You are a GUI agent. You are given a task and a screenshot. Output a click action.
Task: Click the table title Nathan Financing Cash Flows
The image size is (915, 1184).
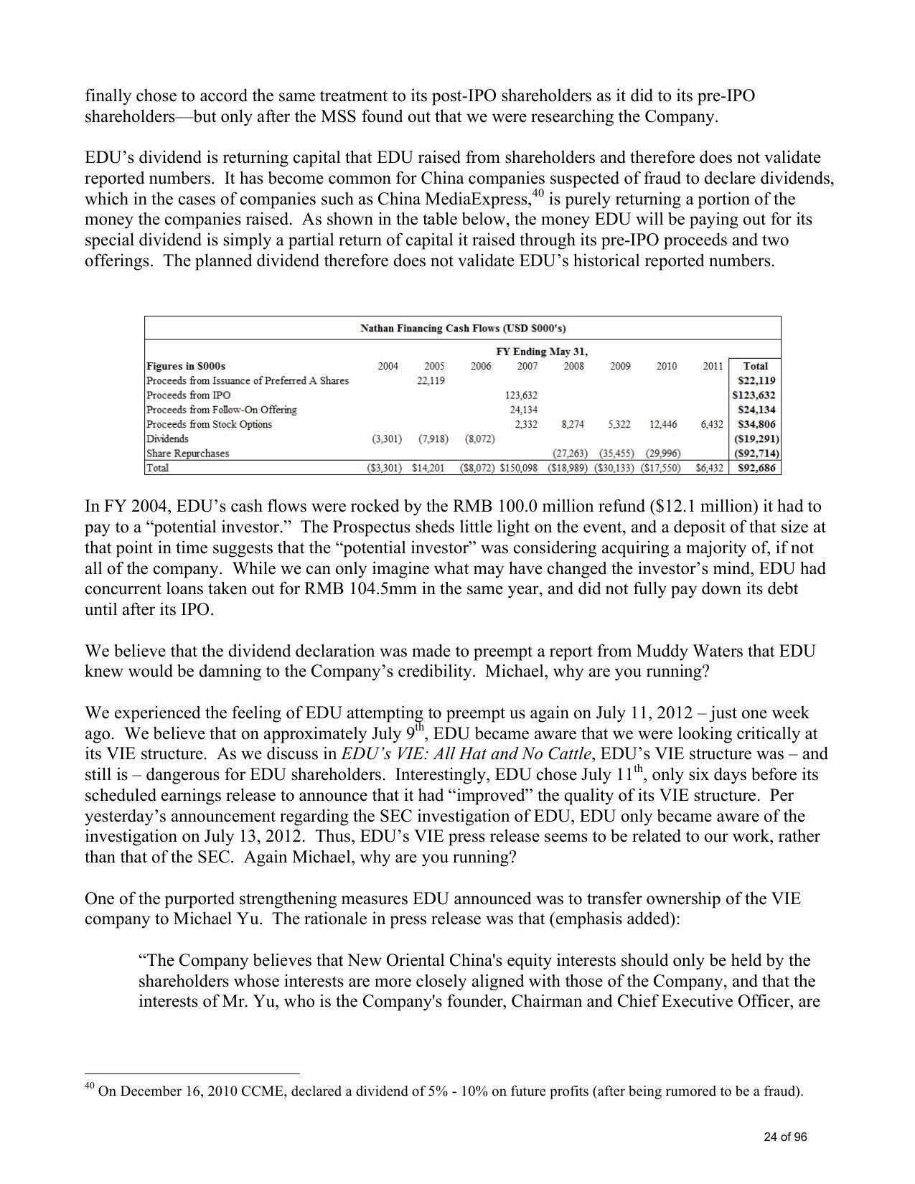click(463, 329)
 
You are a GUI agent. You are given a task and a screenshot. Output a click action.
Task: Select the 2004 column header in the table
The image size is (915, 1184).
click(388, 366)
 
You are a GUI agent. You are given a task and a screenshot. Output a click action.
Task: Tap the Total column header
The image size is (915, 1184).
click(755, 366)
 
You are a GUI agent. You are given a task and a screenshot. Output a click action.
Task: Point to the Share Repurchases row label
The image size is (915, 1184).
click(188, 454)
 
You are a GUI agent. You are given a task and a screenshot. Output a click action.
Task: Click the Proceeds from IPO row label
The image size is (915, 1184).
click(188, 395)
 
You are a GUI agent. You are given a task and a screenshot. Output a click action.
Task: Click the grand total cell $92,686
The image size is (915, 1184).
click(756, 468)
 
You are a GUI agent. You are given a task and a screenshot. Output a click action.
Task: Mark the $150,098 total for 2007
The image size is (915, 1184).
click(519, 468)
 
